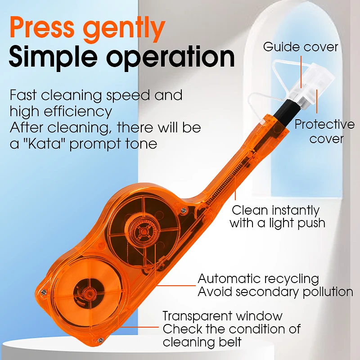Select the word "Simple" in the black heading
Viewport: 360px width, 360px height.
(x=54, y=57)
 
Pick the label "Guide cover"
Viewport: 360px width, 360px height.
(x=301, y=47)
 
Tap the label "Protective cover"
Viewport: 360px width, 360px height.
(x=324, y=131)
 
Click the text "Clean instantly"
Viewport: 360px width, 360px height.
(x=276, y=210)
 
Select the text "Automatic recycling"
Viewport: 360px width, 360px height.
(x=258, y=279)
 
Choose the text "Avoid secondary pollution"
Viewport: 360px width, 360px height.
(x=275, y=292)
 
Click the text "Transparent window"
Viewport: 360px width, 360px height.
(x=222, y=316)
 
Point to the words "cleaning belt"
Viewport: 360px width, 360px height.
(x=202, y=342)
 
